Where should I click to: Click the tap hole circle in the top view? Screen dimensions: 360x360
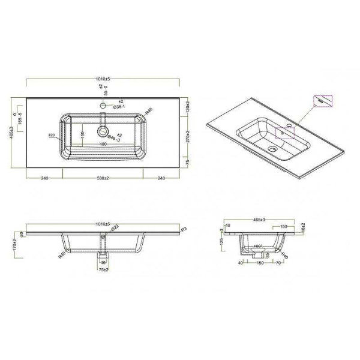click(x=103, y=106)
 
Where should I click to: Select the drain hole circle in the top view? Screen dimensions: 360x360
click(x=103, y=130)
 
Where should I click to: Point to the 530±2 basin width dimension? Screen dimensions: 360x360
click(x=103, y=179)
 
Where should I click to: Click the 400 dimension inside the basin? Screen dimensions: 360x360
click(x=103, y=145)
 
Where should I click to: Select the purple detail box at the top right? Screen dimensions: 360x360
click(x=322, y=102)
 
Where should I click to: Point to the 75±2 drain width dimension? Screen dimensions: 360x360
click(x=103, y=269)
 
